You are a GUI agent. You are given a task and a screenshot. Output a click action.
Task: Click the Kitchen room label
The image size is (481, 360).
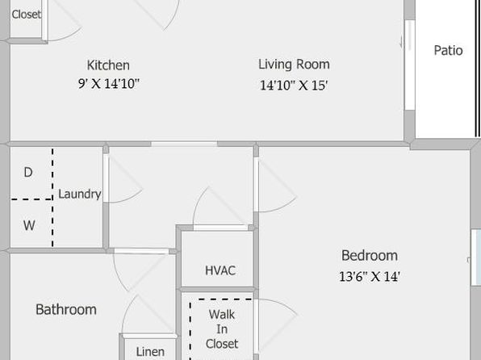pyautogui.click(x=108, y=65)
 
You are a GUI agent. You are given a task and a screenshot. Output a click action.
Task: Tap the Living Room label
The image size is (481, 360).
pyautogui.click(x=294, y=65)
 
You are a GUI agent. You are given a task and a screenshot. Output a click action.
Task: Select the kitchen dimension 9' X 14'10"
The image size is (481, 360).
pyautogui.click(x=109, y=83)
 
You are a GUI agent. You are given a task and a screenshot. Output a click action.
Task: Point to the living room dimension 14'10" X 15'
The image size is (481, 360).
pyautogui.click(x=294, y=86)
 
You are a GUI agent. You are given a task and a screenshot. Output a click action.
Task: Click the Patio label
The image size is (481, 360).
pyautogui.click(x=448, y=51)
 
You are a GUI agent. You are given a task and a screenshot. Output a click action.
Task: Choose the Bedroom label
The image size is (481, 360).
pyautogui.click(x=370, y=256)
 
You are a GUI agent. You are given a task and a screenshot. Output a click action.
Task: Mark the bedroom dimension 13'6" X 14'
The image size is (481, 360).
pyautogui.click(x=370, y=277)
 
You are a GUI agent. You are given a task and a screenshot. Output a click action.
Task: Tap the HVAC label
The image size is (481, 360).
pyautogui.click(x=220, y=270)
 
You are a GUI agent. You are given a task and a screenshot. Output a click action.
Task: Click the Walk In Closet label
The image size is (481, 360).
pyautogui.click(x=222, y=329)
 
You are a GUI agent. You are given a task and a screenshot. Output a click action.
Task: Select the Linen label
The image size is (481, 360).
pyautogui.click(x=150, y=352)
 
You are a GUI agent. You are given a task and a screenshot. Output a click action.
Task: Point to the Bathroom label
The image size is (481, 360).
pyautogui.click(x=66, y=309)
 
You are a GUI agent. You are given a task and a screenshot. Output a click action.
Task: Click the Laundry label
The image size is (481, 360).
pyautogui.click(x=80, y=195)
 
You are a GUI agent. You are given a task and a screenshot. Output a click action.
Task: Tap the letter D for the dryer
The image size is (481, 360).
pyautogui.click(x=28, y=173)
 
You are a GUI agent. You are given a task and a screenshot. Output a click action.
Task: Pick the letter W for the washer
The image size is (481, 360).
pyautogui.click(x=29, y=225)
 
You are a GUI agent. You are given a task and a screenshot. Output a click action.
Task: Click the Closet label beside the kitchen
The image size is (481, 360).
pyautogui.click(x=27, y=14)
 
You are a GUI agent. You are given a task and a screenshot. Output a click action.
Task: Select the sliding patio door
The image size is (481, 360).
pyautogui.click(x=409, y=65)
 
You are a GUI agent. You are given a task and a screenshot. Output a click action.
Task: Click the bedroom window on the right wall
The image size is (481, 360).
pyautogui.click(x=476, y=257)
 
